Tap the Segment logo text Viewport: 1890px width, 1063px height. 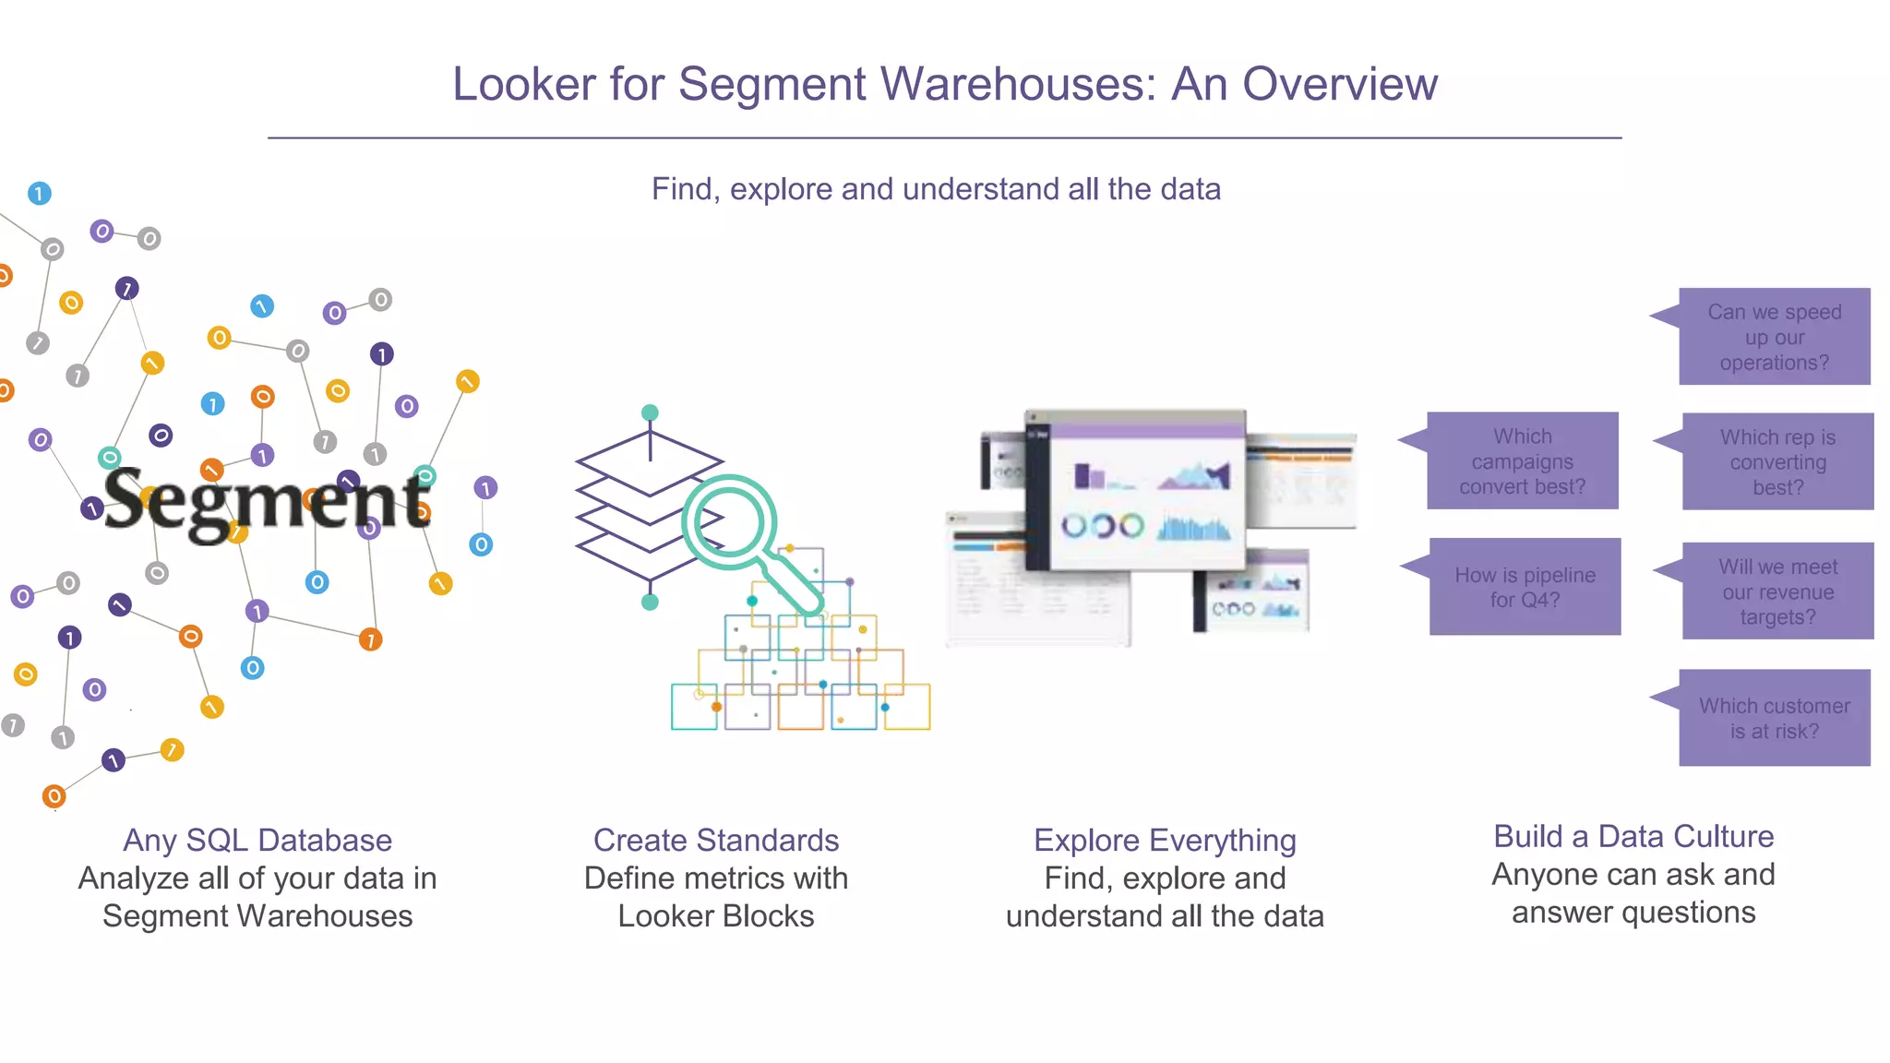[x=267, y=502]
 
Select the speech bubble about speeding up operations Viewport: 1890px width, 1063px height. [x=1774, y=337]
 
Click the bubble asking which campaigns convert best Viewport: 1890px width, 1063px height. [x=1522, y=460]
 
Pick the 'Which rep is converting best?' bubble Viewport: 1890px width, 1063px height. [x=1777, y=461]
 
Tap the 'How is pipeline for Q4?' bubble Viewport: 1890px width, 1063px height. [x=1525, y=587]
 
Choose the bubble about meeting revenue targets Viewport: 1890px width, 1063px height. [x=1777, y=591]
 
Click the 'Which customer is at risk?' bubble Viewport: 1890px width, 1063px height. [x=1774, y=718]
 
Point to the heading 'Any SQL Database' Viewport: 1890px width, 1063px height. [x=257, y=840]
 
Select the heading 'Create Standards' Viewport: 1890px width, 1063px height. [x=716, y=840]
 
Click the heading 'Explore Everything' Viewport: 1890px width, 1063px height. [x=1165, y=840]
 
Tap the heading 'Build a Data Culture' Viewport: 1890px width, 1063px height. [x=1633, y=836]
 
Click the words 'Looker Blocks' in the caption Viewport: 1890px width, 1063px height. [x=716, y=916]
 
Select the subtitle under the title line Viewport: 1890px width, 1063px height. [x=936, y=189]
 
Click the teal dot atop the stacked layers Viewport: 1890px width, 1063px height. [x=650, y=412]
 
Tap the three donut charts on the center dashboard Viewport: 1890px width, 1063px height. [x=1102, y=527]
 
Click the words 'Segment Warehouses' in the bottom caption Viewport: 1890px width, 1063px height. [x=257, y=916]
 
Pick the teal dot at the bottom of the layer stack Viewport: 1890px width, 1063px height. [x=650, y=603]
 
